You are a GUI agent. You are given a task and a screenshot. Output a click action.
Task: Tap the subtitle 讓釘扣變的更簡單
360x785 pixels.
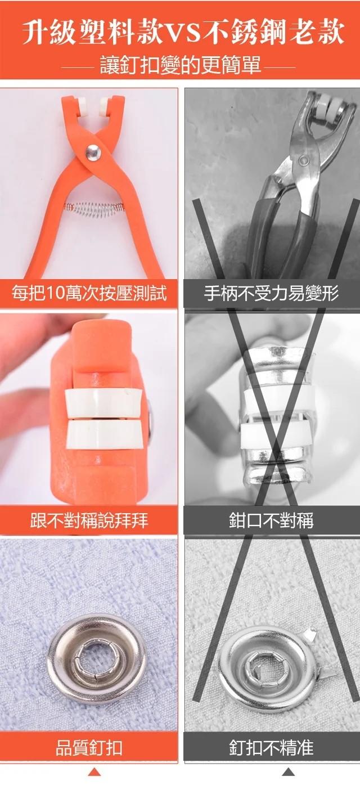181,65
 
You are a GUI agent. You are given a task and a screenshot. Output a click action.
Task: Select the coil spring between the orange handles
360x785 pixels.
94,209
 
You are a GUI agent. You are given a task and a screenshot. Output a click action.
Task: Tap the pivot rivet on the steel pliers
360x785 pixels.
304,160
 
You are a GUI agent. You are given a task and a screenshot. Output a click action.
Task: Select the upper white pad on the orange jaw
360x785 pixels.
103,402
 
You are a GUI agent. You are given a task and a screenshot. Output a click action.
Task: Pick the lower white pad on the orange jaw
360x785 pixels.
104,435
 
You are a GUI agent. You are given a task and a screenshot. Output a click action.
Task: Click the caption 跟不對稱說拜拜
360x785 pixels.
89,520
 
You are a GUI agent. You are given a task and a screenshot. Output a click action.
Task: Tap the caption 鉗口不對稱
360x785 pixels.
271,520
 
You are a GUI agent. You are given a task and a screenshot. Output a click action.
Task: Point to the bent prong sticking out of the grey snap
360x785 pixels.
310,633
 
